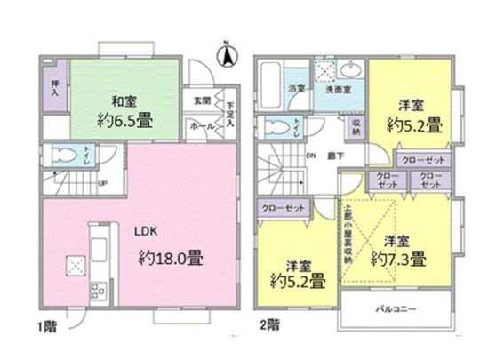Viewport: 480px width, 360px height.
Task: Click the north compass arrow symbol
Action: pos(227,55)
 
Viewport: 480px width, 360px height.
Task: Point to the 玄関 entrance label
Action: pos(201,100)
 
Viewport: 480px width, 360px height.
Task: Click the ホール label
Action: pos(201,127)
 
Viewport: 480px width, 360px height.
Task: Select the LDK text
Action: pos(146,229)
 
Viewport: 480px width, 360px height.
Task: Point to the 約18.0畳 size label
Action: pos(172,260)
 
